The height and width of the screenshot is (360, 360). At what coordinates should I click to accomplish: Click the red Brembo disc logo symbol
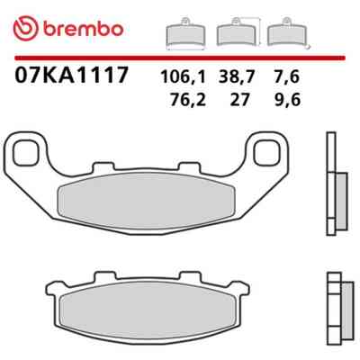click(26, 29)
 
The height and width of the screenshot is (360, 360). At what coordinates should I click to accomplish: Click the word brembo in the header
click(83, 29)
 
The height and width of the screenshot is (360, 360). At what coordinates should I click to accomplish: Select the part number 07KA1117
click(72, 75)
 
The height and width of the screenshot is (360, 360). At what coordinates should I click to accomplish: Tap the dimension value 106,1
click(184, 77)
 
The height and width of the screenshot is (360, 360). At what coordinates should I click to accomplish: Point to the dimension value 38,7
click(236, 77)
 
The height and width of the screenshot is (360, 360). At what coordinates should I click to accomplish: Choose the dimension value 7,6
click(286, 77)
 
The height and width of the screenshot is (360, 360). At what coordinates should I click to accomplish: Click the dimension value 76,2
click(188, 100)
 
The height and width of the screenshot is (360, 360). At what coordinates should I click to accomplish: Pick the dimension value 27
click(239, 100)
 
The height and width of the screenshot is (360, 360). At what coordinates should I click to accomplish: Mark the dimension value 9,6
click(287, 100)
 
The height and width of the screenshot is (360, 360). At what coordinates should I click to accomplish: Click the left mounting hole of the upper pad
click(26, 153)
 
